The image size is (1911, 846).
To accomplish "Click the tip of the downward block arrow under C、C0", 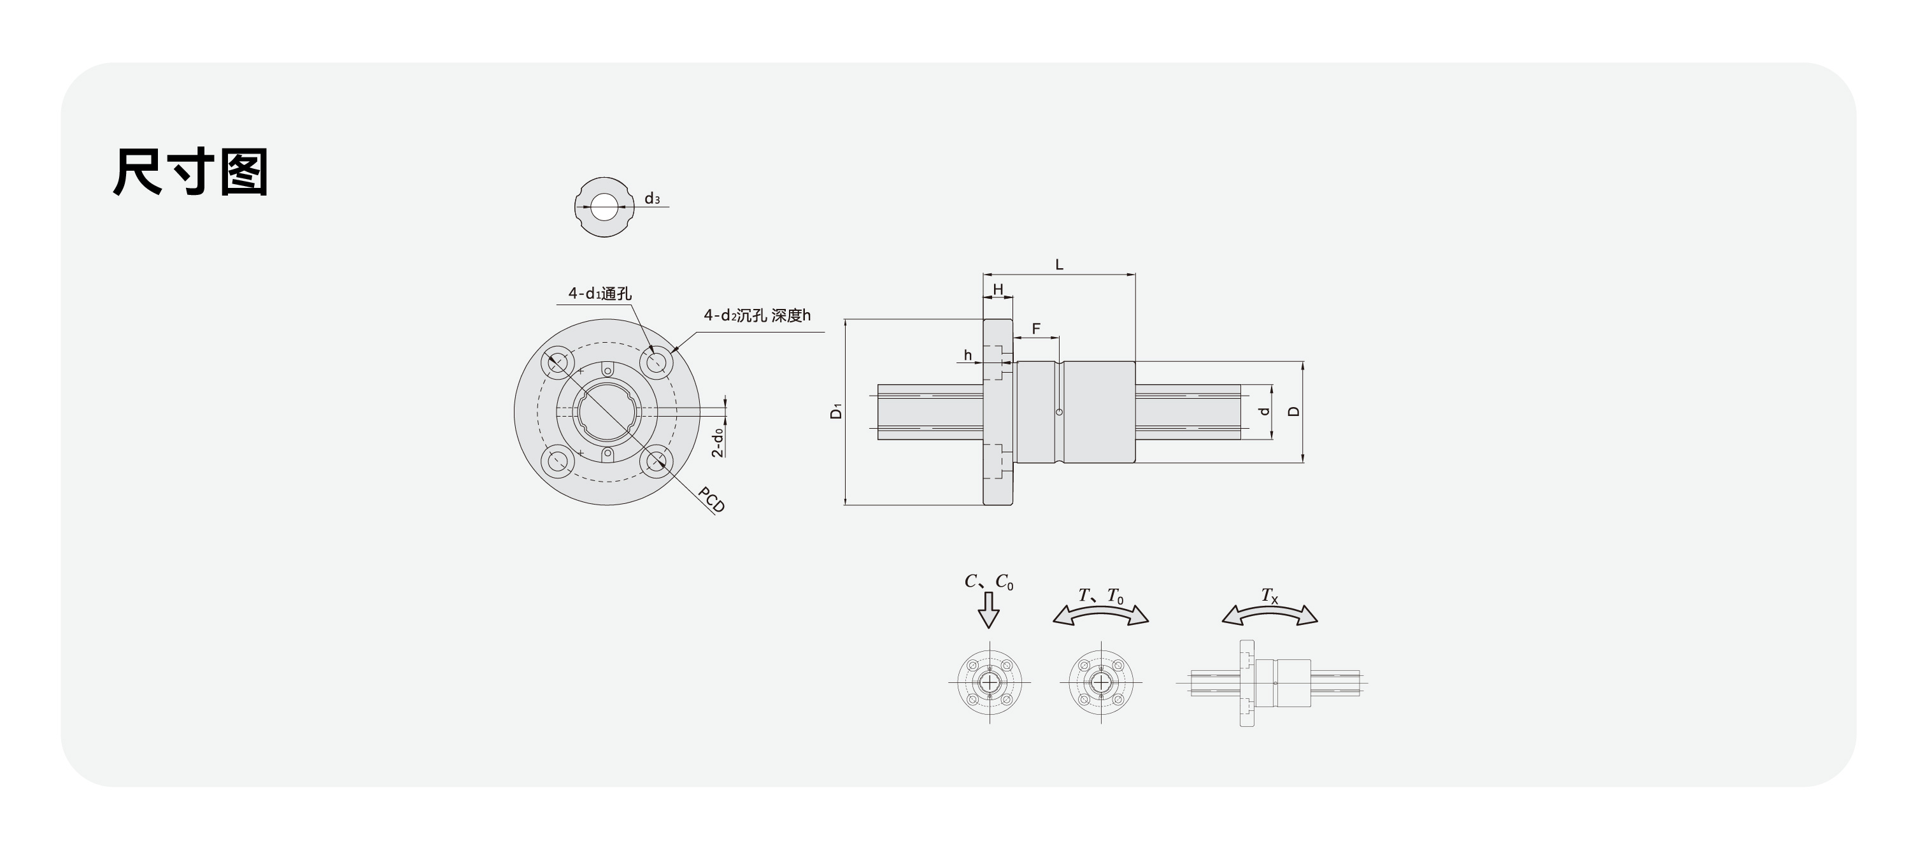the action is [x=988, y=629].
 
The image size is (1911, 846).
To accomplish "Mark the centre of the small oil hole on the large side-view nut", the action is [x=1060, y=412].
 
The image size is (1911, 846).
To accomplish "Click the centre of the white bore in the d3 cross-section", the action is [x=604, y=207].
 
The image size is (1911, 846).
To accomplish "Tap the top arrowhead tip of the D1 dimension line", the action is [x=845, y=320].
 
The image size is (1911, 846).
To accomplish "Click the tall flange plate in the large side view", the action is [x=998, y=413].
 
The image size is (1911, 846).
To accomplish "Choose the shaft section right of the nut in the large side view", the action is [x=1188, y=412].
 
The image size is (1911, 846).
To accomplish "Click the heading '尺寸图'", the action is [x=190, y=171].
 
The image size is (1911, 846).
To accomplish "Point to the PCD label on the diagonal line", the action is [x=711, y=500].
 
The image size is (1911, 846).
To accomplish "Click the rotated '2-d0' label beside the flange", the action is [x=718, y=442].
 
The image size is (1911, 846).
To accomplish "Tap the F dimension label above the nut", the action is [x=1035, y=329].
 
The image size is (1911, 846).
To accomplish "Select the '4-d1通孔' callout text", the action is [x=599, y=294].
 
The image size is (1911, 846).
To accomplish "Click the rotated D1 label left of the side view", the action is [x=836, y=411].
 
